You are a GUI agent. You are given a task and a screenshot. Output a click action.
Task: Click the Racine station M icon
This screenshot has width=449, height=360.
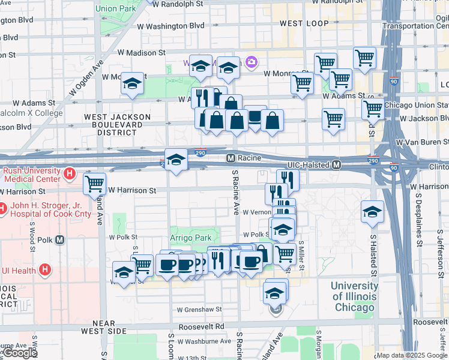(230, 158)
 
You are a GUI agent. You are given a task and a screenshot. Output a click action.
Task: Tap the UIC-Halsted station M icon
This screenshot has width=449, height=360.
(337, 164)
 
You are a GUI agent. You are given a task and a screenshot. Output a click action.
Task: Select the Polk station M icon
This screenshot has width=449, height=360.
(59, 240)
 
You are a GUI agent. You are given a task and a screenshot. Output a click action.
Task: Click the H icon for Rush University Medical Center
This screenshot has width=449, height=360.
(70, 175)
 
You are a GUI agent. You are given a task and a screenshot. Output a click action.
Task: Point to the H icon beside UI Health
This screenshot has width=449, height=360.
(44, 270)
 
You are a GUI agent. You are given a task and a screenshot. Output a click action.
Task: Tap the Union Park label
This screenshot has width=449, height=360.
(115, 9)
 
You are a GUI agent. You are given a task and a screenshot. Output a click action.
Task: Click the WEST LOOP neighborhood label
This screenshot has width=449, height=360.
(304, 23)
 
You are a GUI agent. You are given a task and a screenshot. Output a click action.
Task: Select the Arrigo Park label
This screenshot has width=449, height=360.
(190, 238)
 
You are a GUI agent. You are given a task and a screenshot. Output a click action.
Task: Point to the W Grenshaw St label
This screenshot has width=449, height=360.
(199, 310)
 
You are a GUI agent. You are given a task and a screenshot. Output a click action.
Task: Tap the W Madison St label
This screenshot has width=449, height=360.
(142, 53)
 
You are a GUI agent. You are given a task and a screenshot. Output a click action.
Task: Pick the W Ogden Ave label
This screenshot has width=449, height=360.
(86, 78)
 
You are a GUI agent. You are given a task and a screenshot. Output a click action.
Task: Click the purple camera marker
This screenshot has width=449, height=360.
(252, 62)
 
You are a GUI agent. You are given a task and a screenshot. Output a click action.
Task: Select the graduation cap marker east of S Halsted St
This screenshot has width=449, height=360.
(372, 211)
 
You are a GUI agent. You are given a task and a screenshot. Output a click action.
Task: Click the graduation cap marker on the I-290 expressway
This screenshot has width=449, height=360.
(175, 160)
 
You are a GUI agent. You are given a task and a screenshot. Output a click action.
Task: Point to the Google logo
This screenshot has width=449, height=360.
(20, 353)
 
